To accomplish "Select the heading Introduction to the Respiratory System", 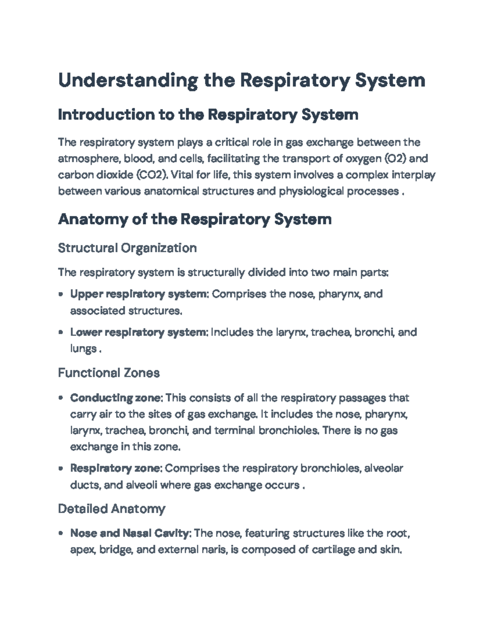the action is coord(208,115).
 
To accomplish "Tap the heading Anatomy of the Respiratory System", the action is coord(195,219).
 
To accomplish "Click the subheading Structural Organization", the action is coord(127,248).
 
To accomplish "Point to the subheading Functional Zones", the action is coord(109,373).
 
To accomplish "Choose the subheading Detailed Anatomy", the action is coord(112,509).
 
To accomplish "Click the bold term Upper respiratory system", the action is coord(140,294).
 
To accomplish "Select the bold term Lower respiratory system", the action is coord(140,332).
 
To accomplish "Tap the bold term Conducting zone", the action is coord(117,398).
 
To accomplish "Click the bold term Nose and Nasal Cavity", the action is coord(130,534).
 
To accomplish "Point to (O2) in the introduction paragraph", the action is coord(395,159).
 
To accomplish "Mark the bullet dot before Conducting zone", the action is coord(61,398).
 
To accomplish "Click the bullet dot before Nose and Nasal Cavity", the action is coord(61,534).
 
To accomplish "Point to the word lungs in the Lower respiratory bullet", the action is coord(83,349).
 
